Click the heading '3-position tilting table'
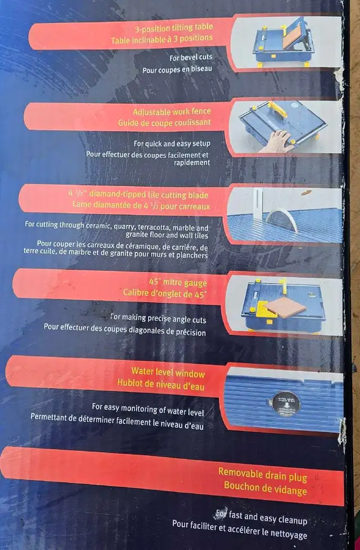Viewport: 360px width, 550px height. click(x=174, y=28)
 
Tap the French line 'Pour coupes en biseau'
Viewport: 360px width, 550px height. click(x=177, y=69)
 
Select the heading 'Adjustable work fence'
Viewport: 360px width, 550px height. click(x=172, y=112)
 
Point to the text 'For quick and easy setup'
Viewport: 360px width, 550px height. click(x=172, y=143)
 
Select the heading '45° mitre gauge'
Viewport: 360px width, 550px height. click(x=178, y=282)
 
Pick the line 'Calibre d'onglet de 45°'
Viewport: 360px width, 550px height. click(x=164, y=293)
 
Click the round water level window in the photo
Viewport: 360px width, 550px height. click(x=286, y=404)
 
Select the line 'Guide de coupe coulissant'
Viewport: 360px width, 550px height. click(x=164, y=123)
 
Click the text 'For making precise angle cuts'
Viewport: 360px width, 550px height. click(x=158, y=318)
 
